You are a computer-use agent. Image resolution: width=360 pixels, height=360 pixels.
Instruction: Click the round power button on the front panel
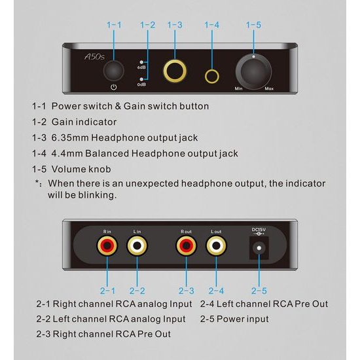coord(114,71)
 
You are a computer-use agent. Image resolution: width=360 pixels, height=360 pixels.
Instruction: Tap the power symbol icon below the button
coord(114,88)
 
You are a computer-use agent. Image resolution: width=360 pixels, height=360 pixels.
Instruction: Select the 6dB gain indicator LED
coord(141,62)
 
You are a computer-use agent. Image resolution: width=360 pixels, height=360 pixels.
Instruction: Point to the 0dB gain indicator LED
coord(141,79)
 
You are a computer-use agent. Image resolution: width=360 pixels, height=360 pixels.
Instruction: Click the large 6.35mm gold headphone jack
coord(175,71)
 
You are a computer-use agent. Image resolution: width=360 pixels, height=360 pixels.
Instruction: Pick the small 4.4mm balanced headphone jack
coord(211,77)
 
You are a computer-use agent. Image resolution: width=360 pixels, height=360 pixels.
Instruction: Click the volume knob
coord(253,71)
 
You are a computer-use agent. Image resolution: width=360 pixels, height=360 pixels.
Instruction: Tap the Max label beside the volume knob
coord(269,88)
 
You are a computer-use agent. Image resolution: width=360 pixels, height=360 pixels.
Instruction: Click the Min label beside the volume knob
coord(238,88)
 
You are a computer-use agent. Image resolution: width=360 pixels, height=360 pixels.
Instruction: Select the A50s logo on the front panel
coord(95,56)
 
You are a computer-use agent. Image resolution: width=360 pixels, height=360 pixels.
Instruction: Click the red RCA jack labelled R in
coord(107,245)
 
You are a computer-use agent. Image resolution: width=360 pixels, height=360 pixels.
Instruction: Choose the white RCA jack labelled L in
coord(137,245)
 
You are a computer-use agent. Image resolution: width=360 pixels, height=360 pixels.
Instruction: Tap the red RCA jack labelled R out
coord(186,245)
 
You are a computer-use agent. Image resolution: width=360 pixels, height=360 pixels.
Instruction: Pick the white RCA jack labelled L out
coord(216,245)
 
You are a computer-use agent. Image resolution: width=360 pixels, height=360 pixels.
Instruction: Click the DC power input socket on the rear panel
coord(259,248)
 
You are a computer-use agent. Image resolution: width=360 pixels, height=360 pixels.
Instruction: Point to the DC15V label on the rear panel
coord(259,230)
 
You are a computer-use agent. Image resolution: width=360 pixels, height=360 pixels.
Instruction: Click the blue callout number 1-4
coord(211,25)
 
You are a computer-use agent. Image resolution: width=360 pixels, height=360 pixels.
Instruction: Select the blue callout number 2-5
coord(259,291)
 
